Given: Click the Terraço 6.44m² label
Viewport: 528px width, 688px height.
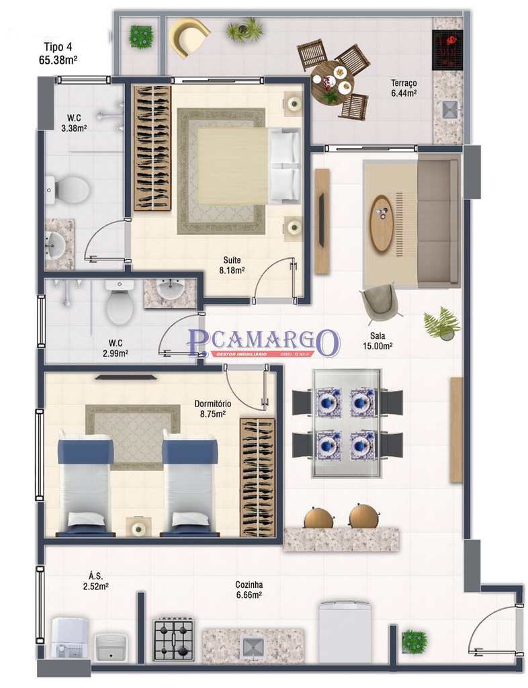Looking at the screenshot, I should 404,88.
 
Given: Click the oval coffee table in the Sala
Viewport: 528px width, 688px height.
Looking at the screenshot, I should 382,223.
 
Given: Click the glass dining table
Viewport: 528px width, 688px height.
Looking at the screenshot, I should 346,423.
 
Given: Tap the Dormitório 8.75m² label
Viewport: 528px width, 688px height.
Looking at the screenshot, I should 213,408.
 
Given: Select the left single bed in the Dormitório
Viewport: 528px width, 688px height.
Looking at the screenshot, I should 85,483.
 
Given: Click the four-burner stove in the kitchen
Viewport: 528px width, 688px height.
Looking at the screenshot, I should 173,640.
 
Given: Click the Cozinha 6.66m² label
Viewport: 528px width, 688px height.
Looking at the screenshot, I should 249,589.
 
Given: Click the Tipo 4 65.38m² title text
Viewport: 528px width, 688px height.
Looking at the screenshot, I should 58,53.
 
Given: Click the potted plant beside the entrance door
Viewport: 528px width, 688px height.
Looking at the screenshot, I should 414,642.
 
